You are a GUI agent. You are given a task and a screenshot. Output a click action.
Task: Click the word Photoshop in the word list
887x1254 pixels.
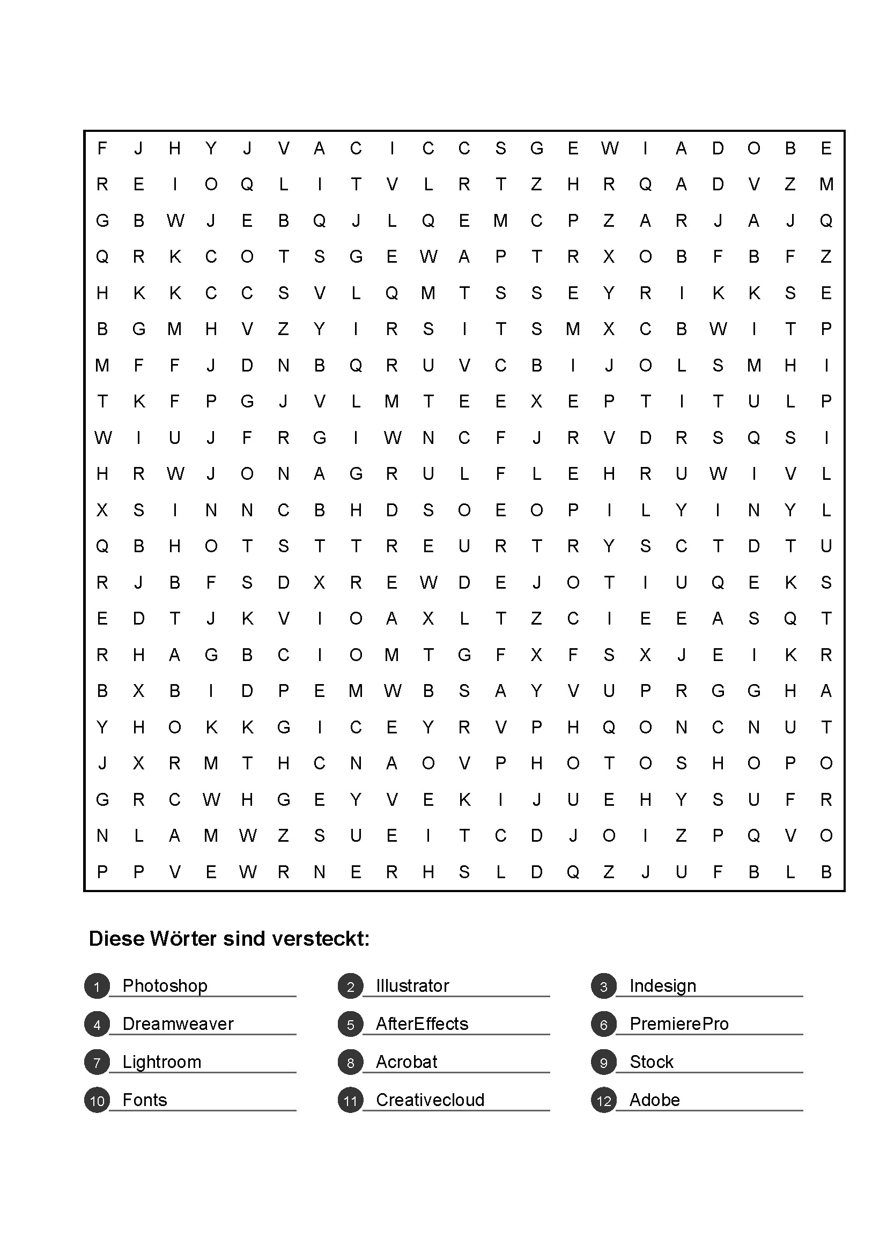coord(165,986)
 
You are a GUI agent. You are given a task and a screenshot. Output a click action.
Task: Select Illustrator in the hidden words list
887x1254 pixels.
coord(412,986)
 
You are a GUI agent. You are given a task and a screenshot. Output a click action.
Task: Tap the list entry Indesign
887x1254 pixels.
coord(662,986)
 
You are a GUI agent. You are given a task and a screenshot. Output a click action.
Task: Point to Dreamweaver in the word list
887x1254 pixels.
coord(178,1023)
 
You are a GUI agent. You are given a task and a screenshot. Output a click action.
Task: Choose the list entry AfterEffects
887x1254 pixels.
coord(422,1023)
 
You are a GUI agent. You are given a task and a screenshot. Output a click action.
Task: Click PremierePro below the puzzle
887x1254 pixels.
coord(679,1023)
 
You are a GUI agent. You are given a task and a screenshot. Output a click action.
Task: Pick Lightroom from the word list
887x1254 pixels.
coord(161,1062)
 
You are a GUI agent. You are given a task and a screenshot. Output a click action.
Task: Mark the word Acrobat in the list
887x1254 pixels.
coord(406,1062)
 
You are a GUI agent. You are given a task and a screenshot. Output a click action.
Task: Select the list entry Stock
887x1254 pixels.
coord(651,1062)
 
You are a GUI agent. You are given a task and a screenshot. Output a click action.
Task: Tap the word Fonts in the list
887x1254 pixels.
coord(144,1100)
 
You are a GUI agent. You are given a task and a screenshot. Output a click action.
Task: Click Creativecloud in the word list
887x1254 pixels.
coord(430,1100)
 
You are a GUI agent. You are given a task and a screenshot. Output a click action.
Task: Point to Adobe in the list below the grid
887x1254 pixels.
coord(654,1100)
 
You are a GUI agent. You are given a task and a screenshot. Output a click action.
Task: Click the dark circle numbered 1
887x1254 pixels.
coord(97,986)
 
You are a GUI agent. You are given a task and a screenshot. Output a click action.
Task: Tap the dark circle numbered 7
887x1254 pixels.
coord(97,1062)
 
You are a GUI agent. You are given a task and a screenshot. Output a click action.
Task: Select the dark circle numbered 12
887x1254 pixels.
coord(603,1100)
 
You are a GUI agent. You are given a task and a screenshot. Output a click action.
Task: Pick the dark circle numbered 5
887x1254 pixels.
coord(351,1024)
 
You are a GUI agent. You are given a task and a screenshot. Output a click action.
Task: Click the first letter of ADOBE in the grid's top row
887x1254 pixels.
coord(681,149)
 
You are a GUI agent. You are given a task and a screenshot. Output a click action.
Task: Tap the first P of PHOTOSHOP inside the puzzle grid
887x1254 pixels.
coord(500,763)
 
